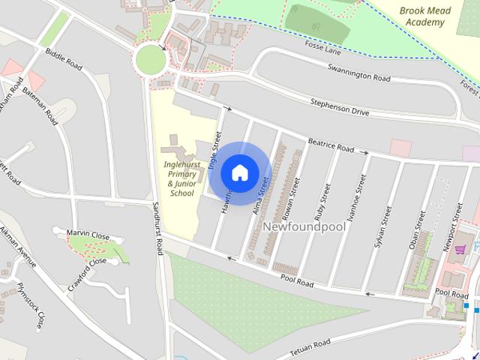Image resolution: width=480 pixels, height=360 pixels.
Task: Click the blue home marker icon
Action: click(x=239, y=172)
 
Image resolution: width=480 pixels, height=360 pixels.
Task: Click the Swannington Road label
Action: click(x=359, y=73)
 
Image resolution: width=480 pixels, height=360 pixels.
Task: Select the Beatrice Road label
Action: click(x=330, y=145)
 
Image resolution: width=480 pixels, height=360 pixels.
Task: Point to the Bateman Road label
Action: click(x=40, y=105)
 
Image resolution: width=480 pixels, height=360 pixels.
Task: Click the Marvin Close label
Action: click(x=88, y=235)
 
